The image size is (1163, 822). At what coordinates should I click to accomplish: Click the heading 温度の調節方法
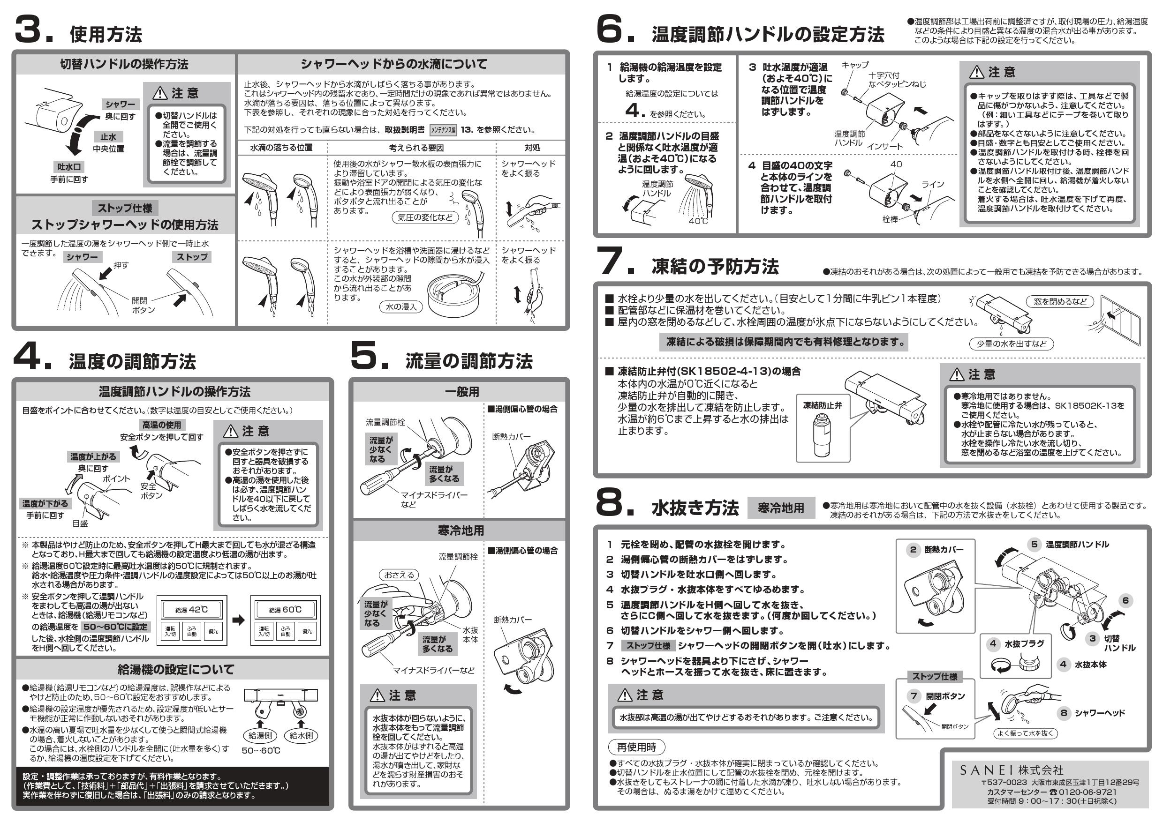click(132, 361)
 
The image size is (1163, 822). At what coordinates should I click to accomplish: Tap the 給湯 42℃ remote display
click(191, 609)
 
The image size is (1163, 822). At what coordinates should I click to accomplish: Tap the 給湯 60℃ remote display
click(285, 609)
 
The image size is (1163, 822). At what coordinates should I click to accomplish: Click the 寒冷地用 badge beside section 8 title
click(780, 508)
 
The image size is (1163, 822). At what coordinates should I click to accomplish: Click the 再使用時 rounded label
click(636, 747)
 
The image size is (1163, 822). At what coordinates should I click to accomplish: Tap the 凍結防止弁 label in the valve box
click(822, 405)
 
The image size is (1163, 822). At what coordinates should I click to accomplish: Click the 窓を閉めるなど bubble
click(1060, 302)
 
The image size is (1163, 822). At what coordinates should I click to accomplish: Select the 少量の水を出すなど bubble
click(1011, 344)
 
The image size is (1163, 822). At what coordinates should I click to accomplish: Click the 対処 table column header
click(532, 147)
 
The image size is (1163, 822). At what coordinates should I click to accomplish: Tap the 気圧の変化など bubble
click(424, 217)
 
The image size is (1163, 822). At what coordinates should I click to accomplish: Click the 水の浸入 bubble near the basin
click(400, 307)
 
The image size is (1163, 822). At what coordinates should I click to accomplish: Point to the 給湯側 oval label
click(260, 735)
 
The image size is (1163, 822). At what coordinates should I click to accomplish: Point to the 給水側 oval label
click(301, 735)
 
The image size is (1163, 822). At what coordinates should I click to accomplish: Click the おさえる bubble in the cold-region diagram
click(399, 575)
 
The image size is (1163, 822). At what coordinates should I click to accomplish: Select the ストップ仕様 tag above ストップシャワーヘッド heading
click(125, 208)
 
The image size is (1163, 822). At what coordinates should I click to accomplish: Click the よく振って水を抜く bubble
click(1025, 733)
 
